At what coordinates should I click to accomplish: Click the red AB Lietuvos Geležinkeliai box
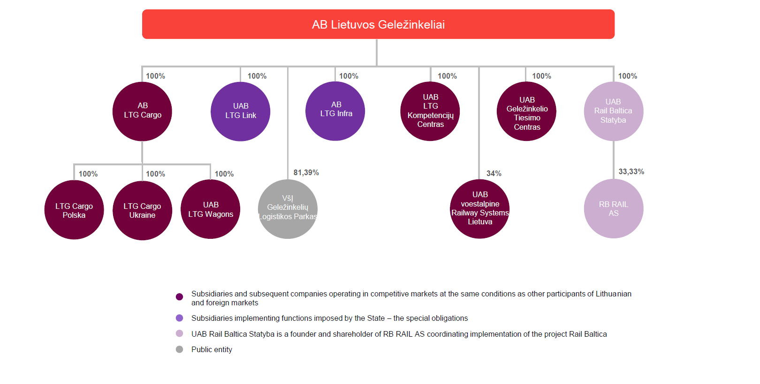pos(378,24)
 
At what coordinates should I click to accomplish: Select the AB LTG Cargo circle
pos(142,111)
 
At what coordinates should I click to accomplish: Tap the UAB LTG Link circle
pos(241,111)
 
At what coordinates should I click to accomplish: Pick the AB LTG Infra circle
pos(335,111)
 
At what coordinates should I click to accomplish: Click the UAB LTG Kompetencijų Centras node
pos(430,111)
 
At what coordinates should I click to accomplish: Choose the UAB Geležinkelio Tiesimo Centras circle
pos(526,111)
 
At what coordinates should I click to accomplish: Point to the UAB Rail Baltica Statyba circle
pos(613,111)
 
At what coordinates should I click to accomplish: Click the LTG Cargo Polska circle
pos(74,210)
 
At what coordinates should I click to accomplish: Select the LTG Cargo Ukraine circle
pos(142,210)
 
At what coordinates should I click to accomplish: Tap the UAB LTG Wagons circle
pos(211,209)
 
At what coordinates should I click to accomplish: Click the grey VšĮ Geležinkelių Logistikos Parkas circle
pos(288,209)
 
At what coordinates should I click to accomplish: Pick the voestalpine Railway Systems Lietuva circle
pos(479,209)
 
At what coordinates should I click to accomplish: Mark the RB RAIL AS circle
pos(613,209)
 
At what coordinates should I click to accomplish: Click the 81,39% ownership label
pos(306,172)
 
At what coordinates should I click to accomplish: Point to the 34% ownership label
pos(494,173)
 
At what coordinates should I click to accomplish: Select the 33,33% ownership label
pos(631,171)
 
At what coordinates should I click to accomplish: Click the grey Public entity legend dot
pos(179,349)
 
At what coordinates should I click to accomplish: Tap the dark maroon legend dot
pos(179,296)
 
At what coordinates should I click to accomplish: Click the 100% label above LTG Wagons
pos(224,174)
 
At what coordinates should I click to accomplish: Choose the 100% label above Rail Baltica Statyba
pos(627,76)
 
